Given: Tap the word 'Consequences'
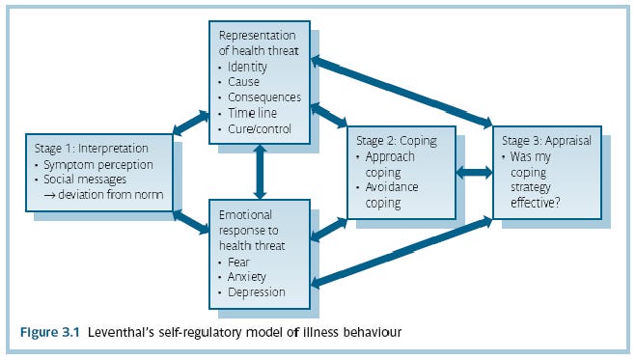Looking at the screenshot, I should [x=264, y=97].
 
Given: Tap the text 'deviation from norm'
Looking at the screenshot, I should [x=110, y=196].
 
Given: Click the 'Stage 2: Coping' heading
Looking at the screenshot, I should [x=398, y=141].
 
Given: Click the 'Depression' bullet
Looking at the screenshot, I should [x=257, y=291].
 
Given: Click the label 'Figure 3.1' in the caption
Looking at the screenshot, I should [x=50, y=333].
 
